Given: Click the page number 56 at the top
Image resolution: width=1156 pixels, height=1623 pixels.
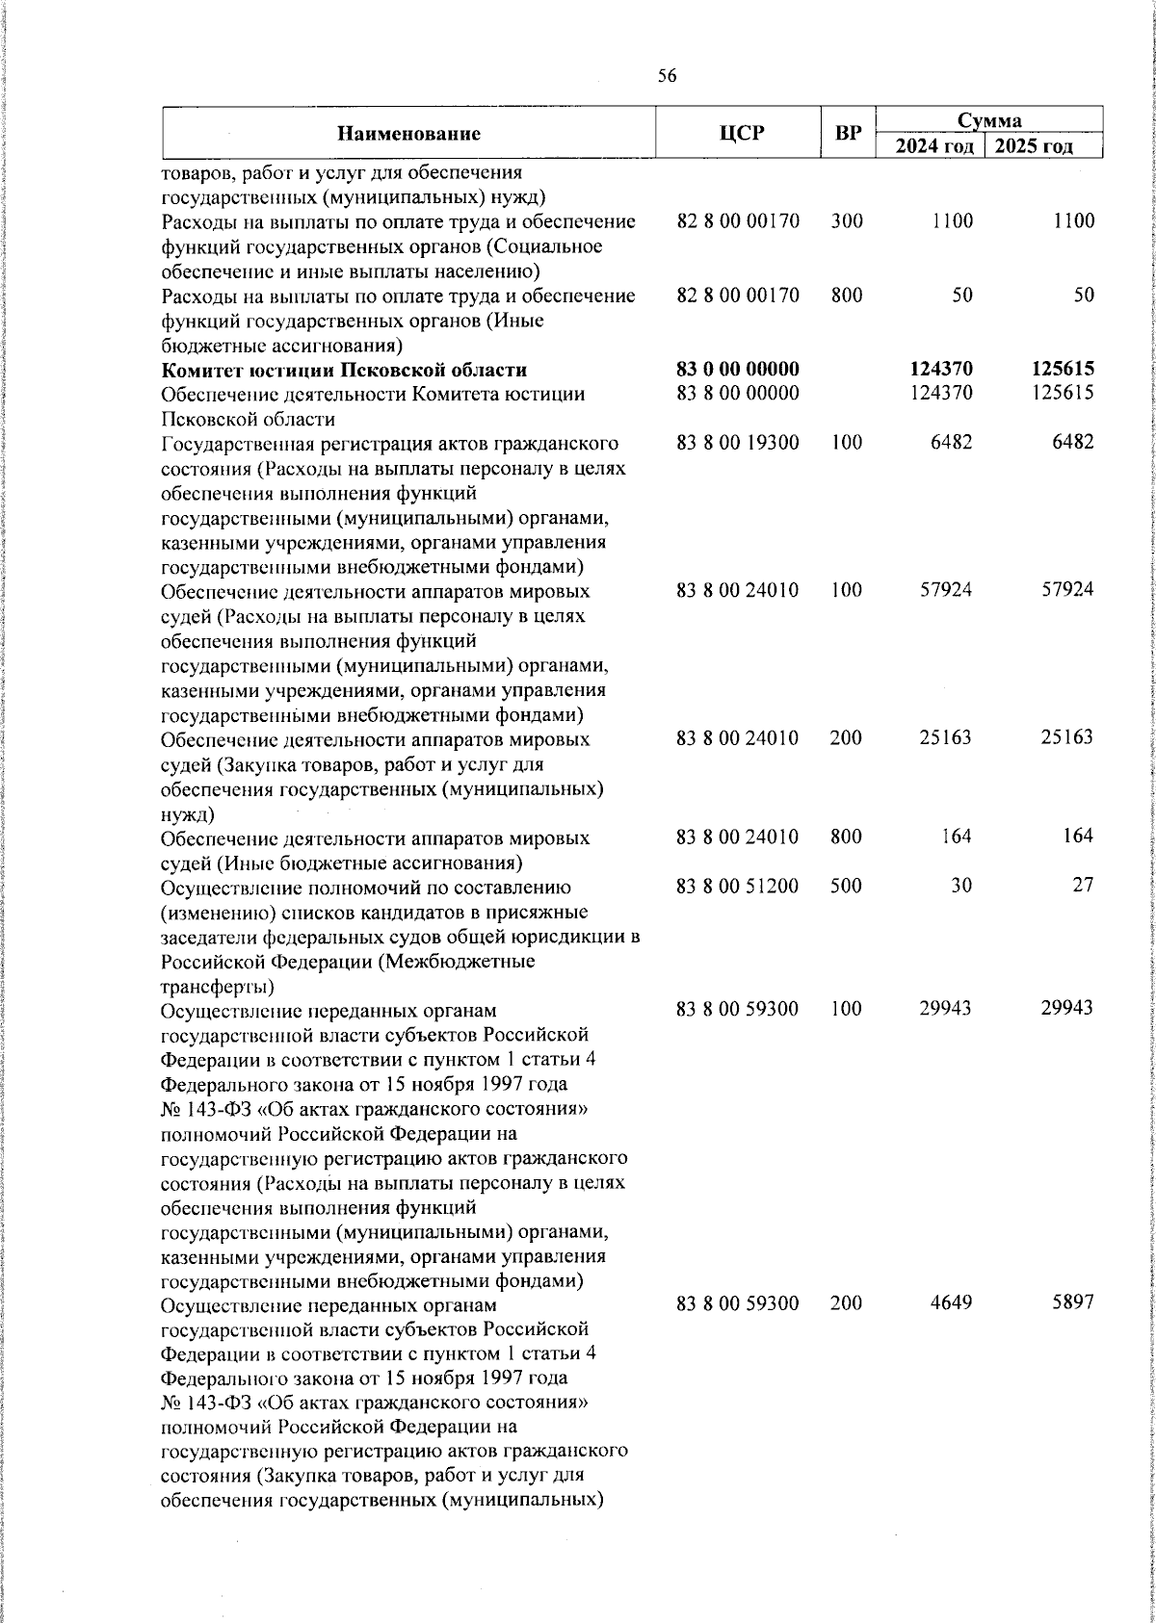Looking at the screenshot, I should [668, 77].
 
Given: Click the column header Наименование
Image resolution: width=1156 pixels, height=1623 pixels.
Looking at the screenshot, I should [408, 134].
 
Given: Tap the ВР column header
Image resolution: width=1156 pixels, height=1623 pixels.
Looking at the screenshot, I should [848, 134].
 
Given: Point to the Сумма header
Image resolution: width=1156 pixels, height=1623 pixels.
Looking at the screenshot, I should [989, 120].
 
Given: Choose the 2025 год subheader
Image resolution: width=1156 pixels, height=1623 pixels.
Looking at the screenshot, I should [1034, 146].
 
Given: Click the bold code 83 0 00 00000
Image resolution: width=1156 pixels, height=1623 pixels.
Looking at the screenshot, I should [738, 370].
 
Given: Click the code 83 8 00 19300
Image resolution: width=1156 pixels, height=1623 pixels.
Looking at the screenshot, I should [738, 443].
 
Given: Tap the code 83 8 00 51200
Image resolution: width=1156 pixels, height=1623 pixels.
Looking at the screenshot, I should [738, 886].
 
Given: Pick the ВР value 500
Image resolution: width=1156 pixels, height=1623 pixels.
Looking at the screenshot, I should [847, 886].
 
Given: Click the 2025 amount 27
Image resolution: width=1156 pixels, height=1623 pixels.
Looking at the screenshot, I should [1084, 886].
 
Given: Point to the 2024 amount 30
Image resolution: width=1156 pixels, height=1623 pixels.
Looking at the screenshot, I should [961, 886].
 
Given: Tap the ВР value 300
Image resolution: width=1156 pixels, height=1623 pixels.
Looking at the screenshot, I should [847, 221].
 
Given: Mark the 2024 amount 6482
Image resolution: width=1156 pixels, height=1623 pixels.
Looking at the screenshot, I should [952, 443].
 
